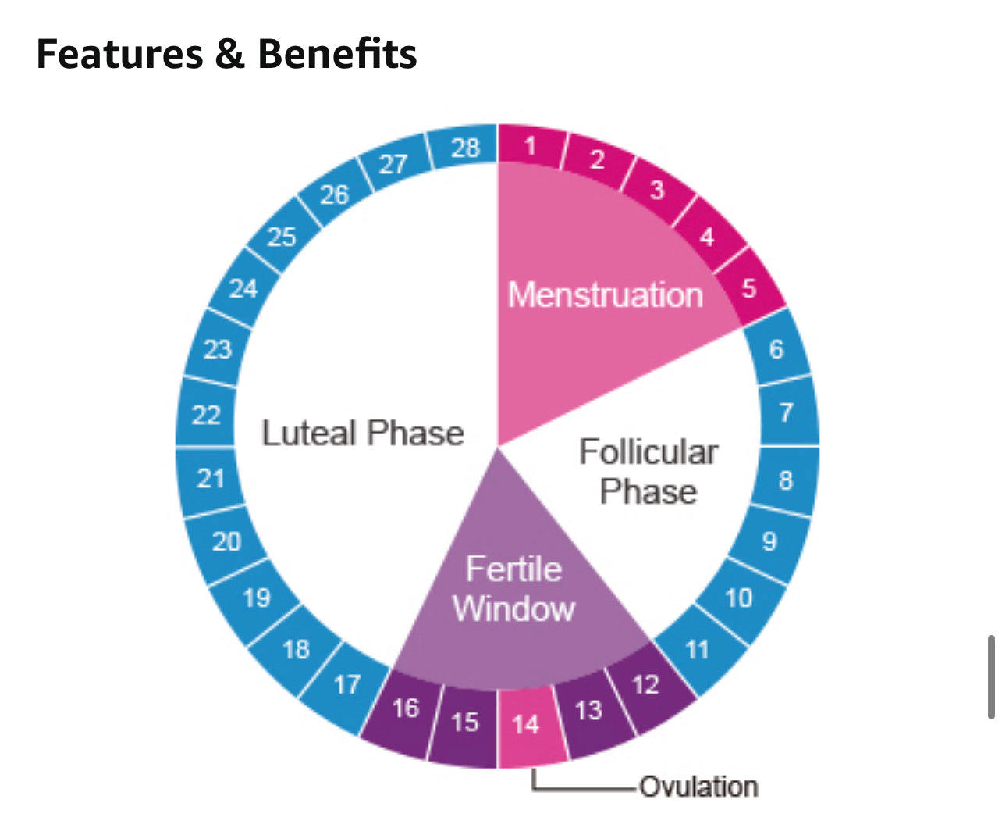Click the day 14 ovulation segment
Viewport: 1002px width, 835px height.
pyautogui.click(x=527, y=725)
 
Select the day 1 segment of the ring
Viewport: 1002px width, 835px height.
pyautogui.click(x=531, y=146)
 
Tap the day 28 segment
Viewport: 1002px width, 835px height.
pyautogui.click(x=465, y=147)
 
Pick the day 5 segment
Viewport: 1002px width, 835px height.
pyautogui.click(x=749, y=288)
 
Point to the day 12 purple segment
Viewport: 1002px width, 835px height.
pyautogui.click(x=646, y=685)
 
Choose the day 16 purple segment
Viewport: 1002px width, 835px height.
pyautogui.click(x=405, y=708)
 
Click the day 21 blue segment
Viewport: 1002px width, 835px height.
pyautogui.click(x=211, y=478)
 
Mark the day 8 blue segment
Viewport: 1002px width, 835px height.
pyautogui.click(x=785, y=480)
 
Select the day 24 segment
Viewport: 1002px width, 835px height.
pyautogui.click(x=243, y=288)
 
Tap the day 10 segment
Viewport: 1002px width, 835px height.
pyautogui.click(x=738, y=598)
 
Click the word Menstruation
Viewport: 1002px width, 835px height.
pyautogui.click(x=605, y=295)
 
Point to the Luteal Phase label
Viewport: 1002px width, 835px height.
pyautogui.click(x=363, y=434)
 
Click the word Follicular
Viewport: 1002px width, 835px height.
pyautogui.click(x=648, y=452)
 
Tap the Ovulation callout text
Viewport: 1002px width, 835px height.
pyautogui.click(x=698, y=787)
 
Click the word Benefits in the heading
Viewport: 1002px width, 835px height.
pyautogui.click(x=337, y=54)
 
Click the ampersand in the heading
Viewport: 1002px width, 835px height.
pyautogui.click(x=229, y=55)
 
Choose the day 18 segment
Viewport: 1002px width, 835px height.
pyautogui.click(x=296, y=648)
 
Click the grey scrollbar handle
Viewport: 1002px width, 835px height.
pyautogui.click(x=991, y=676)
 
